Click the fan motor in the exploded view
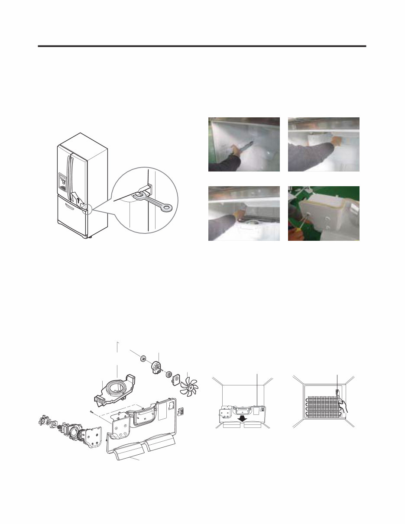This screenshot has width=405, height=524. tap(156, 368)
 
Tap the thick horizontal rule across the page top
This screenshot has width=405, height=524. tap(202, 46)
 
